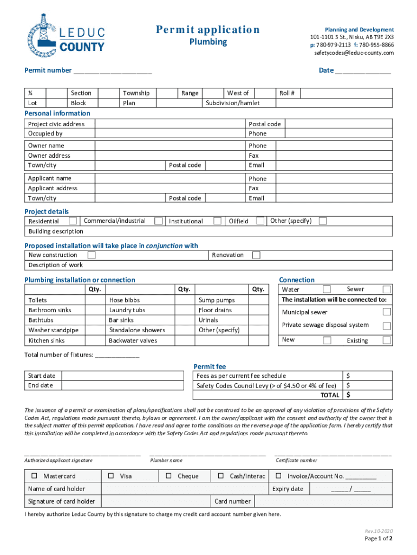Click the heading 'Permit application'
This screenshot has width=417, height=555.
pos(207,30)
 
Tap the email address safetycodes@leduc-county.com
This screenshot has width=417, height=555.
pos(354,53)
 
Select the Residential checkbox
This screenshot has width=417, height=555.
pos(73,221)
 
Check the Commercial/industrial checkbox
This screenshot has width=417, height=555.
pos(159,221)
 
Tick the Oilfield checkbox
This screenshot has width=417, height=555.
pos(260,221)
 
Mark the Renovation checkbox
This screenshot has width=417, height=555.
pos(256,255)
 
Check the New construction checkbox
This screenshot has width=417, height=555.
pos(92,255)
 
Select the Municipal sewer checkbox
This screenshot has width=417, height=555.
pos(387,312)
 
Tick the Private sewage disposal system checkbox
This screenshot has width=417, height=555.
pos(387,326)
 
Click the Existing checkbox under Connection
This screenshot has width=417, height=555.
pos(387,340)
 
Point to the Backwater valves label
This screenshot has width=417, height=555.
pos(133,340)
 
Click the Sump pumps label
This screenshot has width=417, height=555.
pos(216,300)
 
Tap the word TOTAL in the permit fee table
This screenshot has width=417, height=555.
pos(330,395)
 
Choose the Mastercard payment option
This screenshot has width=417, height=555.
pos(34,476)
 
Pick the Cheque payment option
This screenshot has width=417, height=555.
pos(168,476)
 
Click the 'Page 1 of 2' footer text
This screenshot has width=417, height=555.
pos(378,538)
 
